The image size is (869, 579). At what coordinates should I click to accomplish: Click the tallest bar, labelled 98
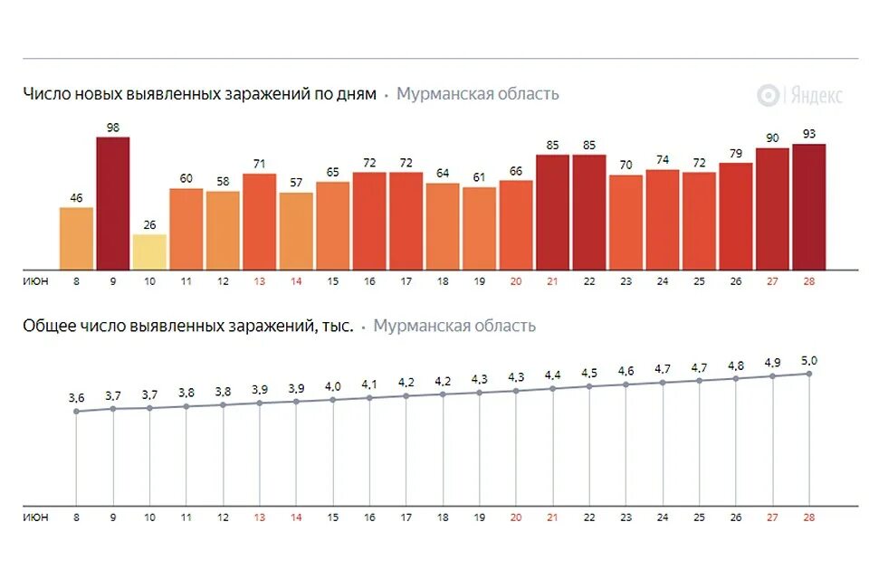(113, 203)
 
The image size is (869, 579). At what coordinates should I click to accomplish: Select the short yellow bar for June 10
(149, 252)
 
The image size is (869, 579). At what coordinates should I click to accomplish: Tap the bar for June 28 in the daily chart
(808, 206)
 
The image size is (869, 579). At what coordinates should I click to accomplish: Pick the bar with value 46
(77, 238)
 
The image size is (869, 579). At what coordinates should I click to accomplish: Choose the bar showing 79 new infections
(735, 215)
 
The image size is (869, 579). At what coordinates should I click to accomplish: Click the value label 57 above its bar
(296, 182)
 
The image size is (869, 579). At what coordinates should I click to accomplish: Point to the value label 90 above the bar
(772, 138)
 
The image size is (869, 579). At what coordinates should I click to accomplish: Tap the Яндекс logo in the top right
(800, 95)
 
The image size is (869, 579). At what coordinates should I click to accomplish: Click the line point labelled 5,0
(808, 374)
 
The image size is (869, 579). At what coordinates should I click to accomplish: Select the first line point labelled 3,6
(77, 411)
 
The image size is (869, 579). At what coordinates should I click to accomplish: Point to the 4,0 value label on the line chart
(333, 386)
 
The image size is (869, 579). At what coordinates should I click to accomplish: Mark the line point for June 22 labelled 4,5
(589, 386)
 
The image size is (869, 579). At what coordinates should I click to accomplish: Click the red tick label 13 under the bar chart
(260, 281)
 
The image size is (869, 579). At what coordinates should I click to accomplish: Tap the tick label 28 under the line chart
(808, 517)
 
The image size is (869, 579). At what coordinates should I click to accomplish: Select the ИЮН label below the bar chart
(36, 281)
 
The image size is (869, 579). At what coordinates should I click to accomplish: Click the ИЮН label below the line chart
(36, 517)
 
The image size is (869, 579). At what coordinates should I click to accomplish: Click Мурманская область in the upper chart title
(477, 94)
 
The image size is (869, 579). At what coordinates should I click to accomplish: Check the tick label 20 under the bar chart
(516, 281)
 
